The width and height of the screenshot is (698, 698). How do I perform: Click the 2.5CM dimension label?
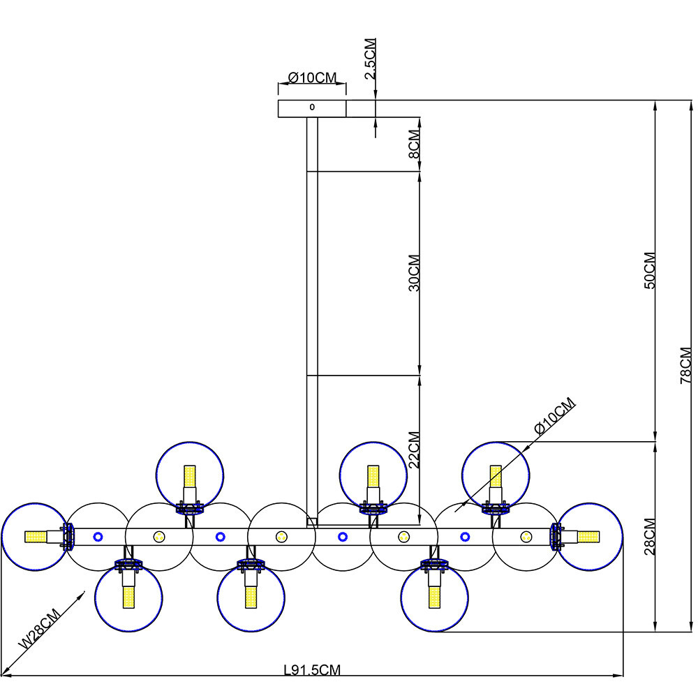(371, 59)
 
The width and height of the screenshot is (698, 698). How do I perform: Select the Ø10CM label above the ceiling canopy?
(313, 77)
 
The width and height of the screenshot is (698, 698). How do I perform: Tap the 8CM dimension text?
(414, 144)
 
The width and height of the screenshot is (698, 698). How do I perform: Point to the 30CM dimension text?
(414, 273)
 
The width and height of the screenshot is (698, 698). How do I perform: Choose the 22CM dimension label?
(414, 450)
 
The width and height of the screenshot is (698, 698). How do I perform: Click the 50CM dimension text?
(650, 271)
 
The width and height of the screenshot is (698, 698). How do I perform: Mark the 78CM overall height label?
(686, 366)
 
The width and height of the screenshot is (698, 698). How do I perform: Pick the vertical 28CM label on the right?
(650, 536)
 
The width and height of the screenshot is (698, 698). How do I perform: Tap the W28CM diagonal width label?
(39, 628)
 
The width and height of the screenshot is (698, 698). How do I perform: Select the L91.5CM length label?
(312, 669)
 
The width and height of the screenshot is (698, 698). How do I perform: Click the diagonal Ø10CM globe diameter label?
(555, 416)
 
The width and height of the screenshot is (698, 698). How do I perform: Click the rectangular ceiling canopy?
(312, 109)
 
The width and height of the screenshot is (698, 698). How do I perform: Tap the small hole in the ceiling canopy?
(312, 107)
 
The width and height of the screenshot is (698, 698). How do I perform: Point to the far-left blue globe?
(36, 537)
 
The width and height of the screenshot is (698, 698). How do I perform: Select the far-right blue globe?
(589, 537)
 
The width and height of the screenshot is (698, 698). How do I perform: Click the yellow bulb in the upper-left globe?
(190, 476)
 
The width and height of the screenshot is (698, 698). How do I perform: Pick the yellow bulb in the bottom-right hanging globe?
(434, 597)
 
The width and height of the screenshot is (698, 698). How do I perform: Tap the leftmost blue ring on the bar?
(98, 537)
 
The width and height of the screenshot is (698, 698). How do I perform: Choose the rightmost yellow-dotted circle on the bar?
(526, 537)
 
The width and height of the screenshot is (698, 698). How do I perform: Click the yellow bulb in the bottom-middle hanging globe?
(251, 597)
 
